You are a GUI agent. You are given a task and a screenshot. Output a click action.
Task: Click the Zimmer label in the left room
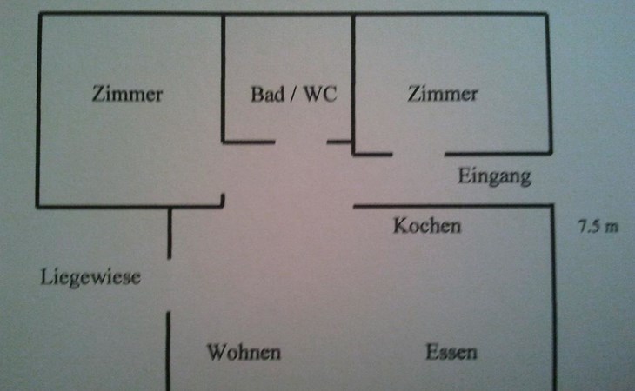click(x=127, y=95)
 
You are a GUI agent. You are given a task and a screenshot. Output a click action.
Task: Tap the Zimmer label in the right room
click(x=443, y=94)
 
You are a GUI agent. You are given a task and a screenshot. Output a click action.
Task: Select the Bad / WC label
click(x=293, y=95)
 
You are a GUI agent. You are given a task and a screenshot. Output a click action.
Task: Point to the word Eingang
click(x=494, y=177)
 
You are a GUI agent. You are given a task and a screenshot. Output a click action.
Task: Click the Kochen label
click(x=427, y=226)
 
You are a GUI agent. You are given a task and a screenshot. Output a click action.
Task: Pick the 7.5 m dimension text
click(x=598, y=227)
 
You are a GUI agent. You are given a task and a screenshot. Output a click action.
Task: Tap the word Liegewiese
click(x=90, y=278)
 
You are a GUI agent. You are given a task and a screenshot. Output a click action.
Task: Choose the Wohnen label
click(x=244, y=353)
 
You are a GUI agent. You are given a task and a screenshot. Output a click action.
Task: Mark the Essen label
click(x=451, y=353)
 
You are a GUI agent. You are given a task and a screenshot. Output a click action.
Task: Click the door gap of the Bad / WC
click(x=301, y=142)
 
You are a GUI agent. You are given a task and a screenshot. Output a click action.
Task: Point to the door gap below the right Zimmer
click(x=418, y=155)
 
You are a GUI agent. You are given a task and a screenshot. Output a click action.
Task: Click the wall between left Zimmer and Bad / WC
click(x=224, y=78)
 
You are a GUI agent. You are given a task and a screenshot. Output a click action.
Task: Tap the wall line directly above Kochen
click(x=452, y=206)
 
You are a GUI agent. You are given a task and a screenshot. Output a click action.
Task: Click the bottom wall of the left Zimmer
click(x=130, y=206)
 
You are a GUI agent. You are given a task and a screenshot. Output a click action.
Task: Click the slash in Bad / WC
click(x=293, y=95)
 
